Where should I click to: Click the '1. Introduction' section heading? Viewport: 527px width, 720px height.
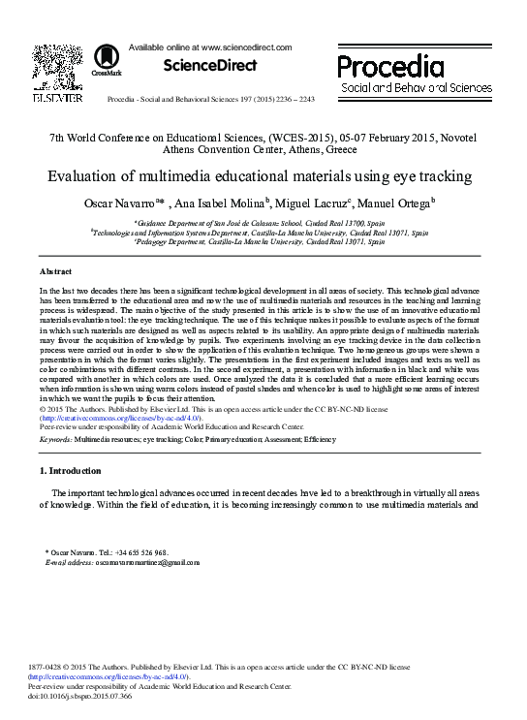70,471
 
